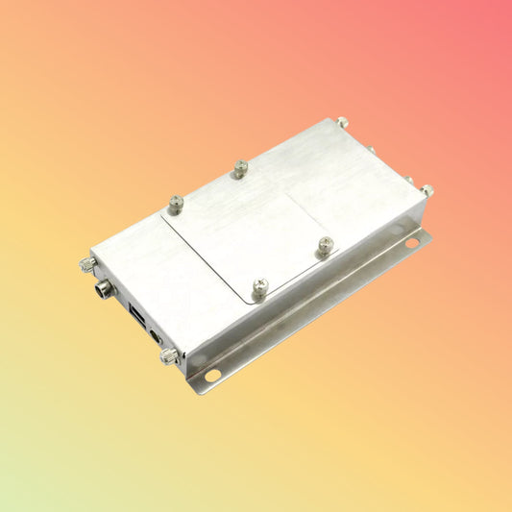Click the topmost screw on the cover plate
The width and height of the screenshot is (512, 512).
(240, 168)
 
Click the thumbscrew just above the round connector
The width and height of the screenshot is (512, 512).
(87, 264)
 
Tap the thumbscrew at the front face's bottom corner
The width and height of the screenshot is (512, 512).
(168, 356)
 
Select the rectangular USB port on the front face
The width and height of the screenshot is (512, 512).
(134, 313)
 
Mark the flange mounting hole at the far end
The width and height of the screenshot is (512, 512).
(411, 244)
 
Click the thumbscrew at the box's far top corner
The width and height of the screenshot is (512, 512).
(343, 123)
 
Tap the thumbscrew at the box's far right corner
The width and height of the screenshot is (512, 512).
(426, 191)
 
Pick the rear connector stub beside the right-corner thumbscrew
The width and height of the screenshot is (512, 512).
(407, 180)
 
